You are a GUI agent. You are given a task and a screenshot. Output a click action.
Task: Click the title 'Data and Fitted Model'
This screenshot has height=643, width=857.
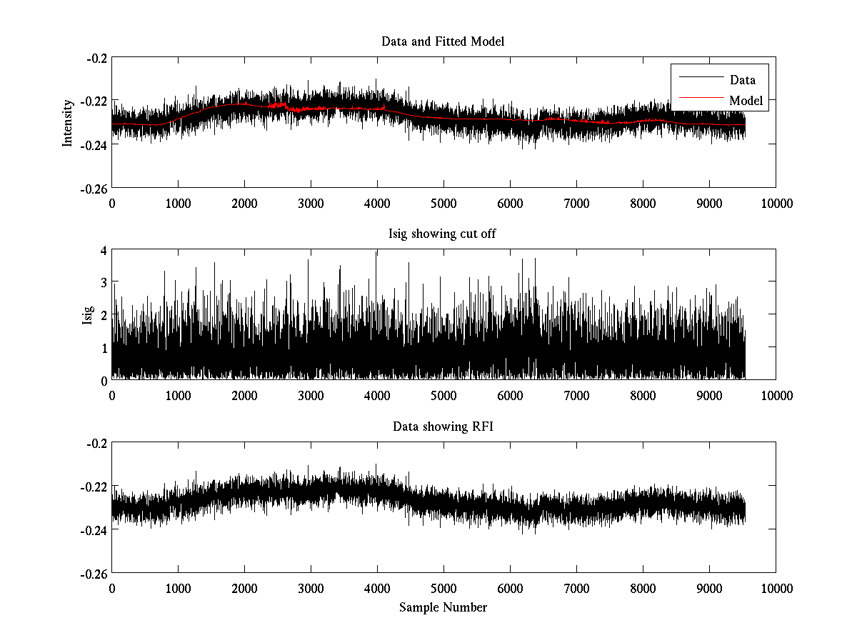coord(443,41)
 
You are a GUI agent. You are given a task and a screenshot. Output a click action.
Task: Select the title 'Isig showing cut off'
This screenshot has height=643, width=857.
coord(443,234)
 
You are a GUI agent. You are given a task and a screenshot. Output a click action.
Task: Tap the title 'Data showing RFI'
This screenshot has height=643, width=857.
coord(443,427)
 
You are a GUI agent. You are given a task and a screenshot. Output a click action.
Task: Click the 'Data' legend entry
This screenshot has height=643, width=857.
coord(742,80)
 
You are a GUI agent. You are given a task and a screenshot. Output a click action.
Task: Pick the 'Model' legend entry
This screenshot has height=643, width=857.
coord(746,101)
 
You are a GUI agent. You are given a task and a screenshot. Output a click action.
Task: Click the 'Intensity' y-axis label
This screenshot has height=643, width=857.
coord(68,123)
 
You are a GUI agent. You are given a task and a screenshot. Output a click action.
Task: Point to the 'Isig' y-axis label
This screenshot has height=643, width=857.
coord(88,315)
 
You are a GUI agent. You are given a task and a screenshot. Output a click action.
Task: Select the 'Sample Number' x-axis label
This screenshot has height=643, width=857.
coord(443,607)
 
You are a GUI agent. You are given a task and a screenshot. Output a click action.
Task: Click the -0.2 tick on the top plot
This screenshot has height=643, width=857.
coord(96,58)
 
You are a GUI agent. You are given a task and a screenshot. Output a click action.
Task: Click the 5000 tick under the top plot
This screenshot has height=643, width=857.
coord(443,203)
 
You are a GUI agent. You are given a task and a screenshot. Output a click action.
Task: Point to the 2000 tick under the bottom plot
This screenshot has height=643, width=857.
coord(244,588)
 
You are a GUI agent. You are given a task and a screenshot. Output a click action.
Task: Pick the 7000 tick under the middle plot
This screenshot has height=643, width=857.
coord(576,395)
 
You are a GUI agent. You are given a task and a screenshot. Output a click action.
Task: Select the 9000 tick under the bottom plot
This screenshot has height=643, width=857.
coord(709,588)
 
